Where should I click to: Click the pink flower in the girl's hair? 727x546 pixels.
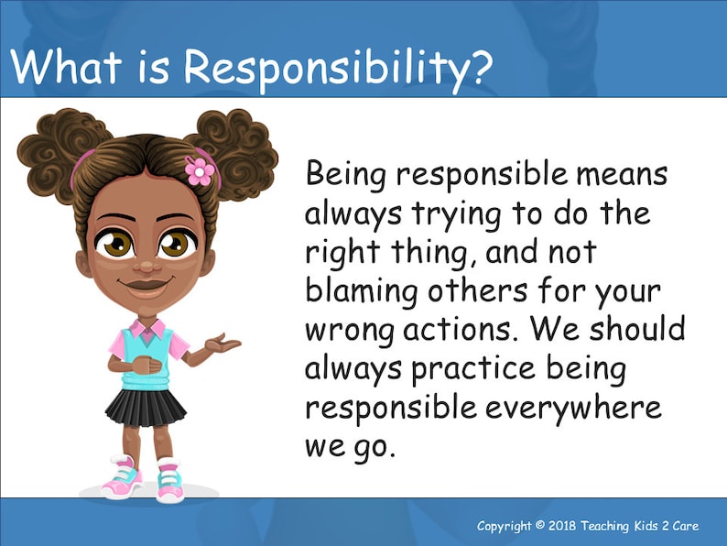pos(199,169)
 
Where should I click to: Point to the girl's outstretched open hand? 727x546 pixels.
pos(222,345)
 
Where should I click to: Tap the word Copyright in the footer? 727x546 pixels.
pos(505,526)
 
